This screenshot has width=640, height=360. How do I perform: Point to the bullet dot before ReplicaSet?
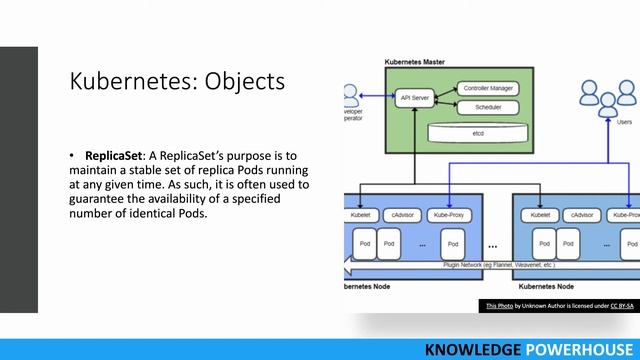coord(72,156)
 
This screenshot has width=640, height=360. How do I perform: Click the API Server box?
coord(414,97)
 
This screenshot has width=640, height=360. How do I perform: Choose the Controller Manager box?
coord(486,88)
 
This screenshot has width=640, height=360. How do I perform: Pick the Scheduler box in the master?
coord(486,106)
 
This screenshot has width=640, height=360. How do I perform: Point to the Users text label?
coord(624,121)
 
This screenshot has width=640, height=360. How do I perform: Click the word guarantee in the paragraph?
coord(99,199)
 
